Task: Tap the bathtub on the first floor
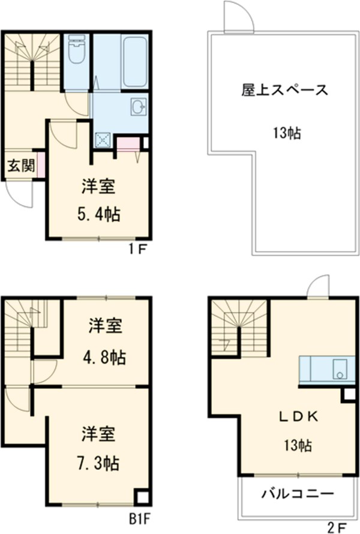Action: (134, 62)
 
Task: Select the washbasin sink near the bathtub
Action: (137, 108)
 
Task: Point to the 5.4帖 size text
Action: (98, 214)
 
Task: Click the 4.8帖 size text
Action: (104, 358)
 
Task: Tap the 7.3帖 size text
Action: (98, 463)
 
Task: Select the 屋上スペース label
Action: (285, 91)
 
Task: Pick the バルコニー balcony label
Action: (297, 495)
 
